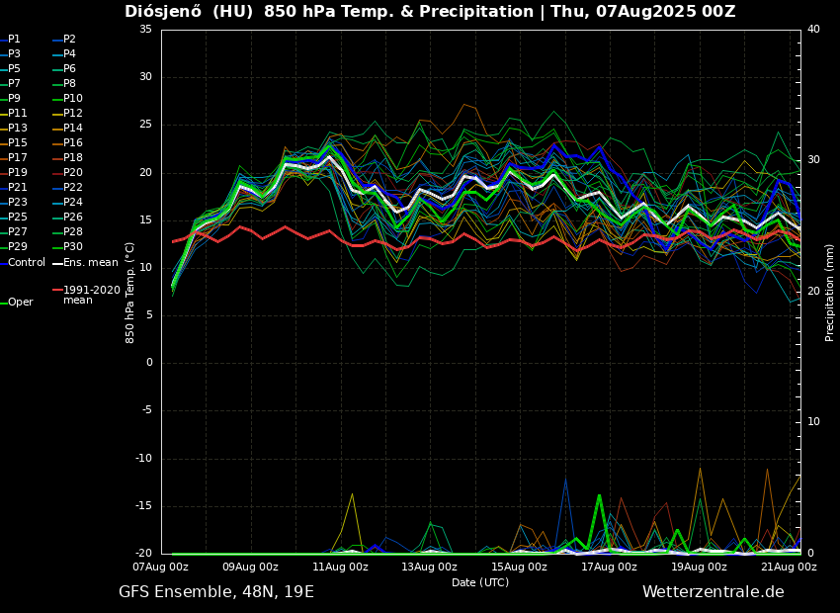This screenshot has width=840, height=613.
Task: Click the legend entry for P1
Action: (x=14, y=40)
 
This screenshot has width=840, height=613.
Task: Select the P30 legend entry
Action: (x=73, y=247)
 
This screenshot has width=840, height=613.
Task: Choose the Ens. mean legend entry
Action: (x=90, y=262)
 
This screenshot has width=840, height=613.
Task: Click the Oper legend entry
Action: (x=21, y=303)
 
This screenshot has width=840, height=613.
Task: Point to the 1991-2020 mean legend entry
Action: (x=91, y=295)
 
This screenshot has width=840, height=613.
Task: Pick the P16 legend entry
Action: (x=73, y=143)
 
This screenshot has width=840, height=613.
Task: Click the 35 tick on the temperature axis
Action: (x=145, y=30)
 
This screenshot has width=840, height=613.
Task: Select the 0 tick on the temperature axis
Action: (x=149, y=363)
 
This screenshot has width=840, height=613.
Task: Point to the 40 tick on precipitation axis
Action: (x=813, y=30)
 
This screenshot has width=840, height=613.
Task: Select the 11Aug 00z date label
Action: (x=340, y=568)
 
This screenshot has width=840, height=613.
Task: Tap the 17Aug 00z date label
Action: (x=609, y=568)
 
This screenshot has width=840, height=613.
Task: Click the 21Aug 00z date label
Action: (x=789, y=568)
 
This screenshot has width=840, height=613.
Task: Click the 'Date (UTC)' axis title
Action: (x=480, y=583)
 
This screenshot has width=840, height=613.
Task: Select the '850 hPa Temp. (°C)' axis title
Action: (x=129, y=292)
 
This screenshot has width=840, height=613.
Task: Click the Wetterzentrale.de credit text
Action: (x=713, y=592)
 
